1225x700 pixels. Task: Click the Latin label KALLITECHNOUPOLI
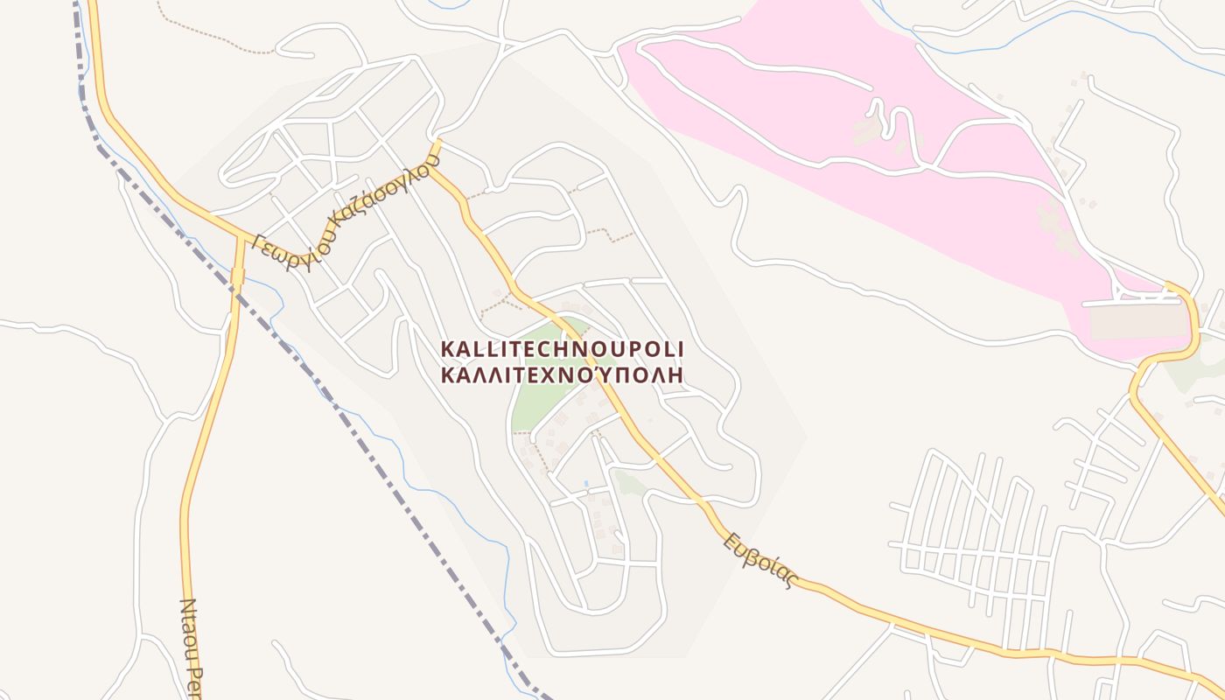coord(562,349)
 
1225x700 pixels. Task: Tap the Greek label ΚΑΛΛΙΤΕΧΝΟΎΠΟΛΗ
coord(562,374)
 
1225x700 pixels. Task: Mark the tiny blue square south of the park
coord(585,483)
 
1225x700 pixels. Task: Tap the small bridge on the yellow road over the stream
coord(237,277)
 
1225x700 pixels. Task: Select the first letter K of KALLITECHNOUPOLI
coord(446,349)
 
